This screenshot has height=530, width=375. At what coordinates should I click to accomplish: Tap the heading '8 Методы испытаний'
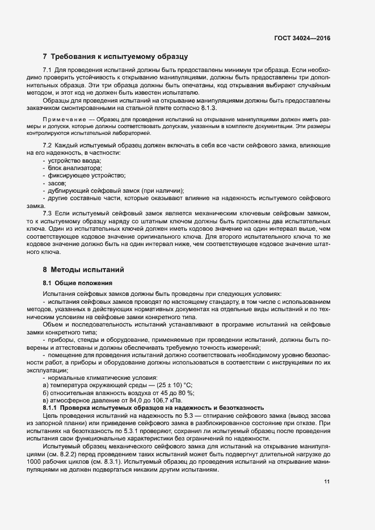pos(83,269)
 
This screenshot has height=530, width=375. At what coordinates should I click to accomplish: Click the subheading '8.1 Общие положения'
pos(78,282)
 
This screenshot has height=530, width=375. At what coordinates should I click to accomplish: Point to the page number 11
pos(327,482)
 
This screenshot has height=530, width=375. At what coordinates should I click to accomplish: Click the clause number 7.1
pos(47,69)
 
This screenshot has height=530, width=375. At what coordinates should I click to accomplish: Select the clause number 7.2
pos(48,146)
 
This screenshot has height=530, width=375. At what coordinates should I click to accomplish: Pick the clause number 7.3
pos(48,213)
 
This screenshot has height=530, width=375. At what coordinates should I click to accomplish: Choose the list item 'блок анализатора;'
pos(71,169)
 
